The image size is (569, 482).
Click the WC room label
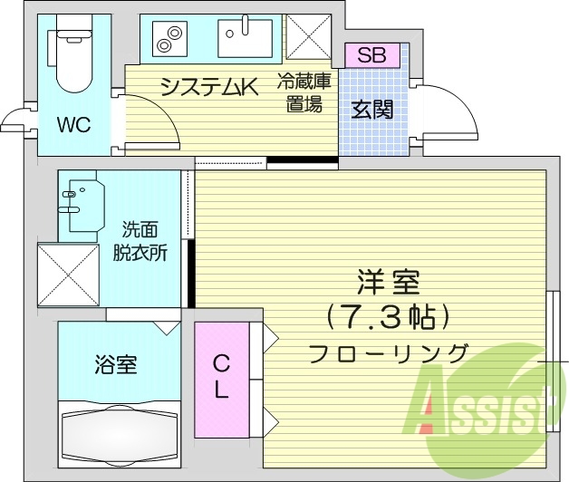click(73, 125)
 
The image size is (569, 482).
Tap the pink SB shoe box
click(371, 54)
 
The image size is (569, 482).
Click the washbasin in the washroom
click(82, 204)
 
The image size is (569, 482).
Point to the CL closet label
click(220, 378)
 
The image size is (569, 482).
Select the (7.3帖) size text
click(387, 317)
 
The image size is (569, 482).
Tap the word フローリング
click(388, 352)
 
